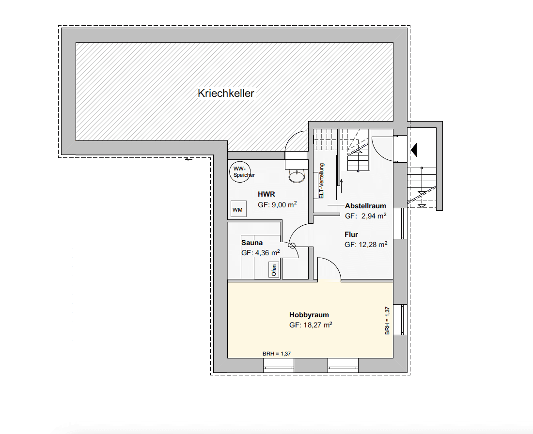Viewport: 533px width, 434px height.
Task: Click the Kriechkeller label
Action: pos(226,93)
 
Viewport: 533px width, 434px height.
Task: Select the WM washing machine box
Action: pos(237,209)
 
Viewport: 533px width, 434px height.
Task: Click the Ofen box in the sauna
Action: pos(274,270)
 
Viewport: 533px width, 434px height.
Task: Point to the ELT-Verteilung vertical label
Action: pos(321,181)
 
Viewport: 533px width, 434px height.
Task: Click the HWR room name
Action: pos(266,194)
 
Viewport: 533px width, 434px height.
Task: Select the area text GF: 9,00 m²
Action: pos(277,205)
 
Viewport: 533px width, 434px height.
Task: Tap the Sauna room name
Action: pos(252,243)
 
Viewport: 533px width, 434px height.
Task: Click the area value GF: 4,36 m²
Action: pos(261,253)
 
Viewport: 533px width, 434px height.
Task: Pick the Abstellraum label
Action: pos(365,205)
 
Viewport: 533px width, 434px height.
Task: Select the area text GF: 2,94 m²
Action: pos(365,216)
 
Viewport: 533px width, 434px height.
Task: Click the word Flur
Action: pos(351,234)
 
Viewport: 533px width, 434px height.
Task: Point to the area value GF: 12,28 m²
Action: pos(366,245)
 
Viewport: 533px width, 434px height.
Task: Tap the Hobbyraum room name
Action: pos(309,315)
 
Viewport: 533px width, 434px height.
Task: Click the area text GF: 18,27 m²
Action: pos(311,325)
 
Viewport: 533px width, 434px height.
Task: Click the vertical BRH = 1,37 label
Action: pos(387,321)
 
